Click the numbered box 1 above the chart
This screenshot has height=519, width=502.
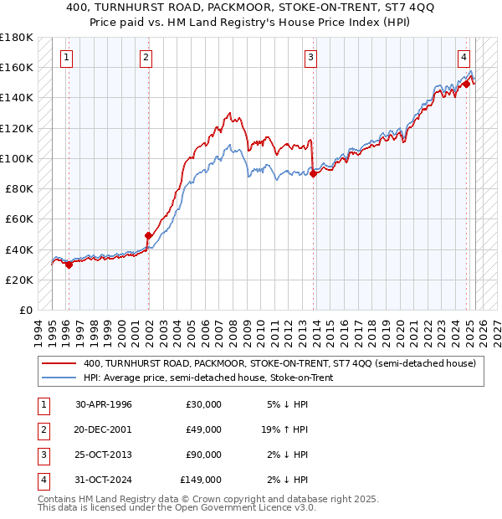coord(66,58)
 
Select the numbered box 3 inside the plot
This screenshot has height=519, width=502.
coord(310,58)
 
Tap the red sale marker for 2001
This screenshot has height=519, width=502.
coord(148,236)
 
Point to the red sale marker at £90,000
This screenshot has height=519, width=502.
coord(312,173)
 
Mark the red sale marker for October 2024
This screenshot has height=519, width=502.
coord(466,84)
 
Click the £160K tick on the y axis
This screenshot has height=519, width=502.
coord(17,67)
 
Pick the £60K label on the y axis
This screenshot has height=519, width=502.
coord(19,218)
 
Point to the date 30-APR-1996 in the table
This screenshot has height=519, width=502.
coord(104,404)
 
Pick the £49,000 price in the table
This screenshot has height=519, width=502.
coord(203,429)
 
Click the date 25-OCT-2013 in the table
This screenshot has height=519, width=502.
coord(104,455)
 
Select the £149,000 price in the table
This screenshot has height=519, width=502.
coord(201,480)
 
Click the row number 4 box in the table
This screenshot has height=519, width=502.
coord(42,480)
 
